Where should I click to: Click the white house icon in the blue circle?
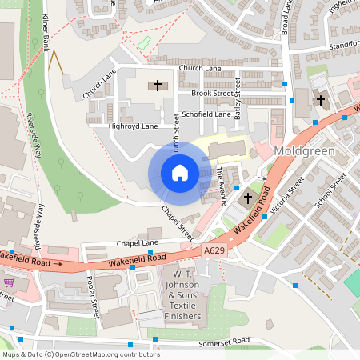(179, 173)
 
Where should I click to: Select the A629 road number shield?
(214, 251)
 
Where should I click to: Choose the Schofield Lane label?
(206, 114)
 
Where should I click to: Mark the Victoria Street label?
(286, 197)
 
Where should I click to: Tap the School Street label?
(327, 193)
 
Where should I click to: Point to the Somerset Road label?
(223, 341)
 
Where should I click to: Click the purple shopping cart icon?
(9, 282)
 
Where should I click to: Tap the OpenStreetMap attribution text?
(80, 354)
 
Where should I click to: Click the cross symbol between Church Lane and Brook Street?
(158, 85)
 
